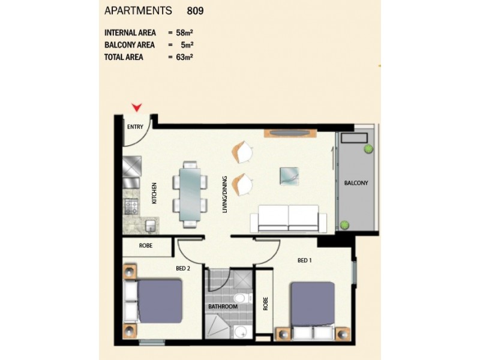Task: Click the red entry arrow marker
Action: pos(137,107)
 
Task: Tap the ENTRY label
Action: pos(135,127)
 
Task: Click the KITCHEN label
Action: pos(154,193)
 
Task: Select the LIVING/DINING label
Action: pos(224,194)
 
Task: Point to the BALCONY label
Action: pos(356,183)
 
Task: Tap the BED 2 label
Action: pos(183,268)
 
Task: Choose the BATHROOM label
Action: pos(223,307)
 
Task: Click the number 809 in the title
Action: pos(196,11)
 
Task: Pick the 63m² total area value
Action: pos(185,58)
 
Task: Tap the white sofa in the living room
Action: pos(289,218)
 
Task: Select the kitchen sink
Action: pos(151,226)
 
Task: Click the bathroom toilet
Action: pos(239,298)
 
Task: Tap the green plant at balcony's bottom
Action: pos(344,225)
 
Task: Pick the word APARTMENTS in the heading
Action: pos(138,11)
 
